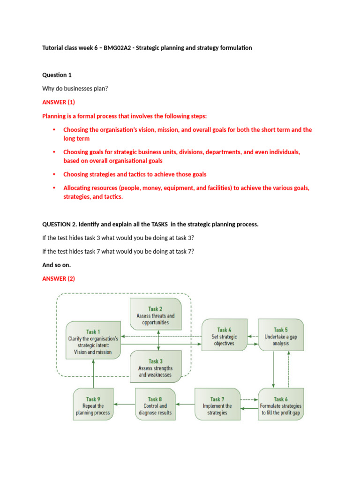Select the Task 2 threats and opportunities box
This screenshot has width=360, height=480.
click(x=155, y=315)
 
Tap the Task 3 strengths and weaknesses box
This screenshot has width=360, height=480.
click(x=155, y=367)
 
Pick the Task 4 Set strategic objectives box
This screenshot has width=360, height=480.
click(x=224, y=337)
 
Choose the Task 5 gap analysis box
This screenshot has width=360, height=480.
click(x=281, y=337)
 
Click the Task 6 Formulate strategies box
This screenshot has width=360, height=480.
click(x=281, y=405)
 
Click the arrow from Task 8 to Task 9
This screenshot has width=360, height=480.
click(x=124, y=404)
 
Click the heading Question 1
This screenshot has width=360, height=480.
click(x=57, y=75)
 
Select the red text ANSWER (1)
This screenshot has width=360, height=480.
click(x=59, y=102)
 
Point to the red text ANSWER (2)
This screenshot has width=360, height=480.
click(x=59, y=278)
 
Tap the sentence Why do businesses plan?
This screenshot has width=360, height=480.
click(x=75, y=88)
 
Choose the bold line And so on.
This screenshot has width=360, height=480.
click(x=56, y=265)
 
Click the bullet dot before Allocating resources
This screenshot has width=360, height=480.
click(x=54, y=188)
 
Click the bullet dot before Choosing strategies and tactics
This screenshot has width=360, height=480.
click(x=54, y=174)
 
